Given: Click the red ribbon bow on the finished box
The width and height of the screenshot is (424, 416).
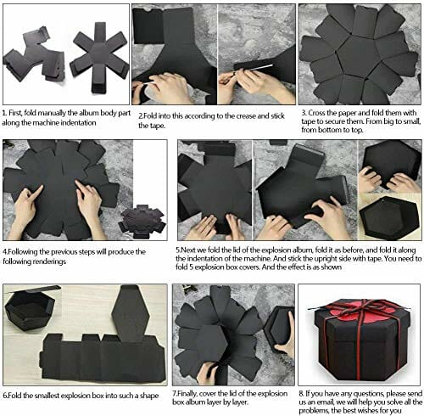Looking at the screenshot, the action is (360, 308).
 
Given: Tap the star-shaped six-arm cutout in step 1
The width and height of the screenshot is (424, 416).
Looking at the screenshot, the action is (99, 58).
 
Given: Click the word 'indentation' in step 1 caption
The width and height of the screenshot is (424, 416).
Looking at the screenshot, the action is (78, 123).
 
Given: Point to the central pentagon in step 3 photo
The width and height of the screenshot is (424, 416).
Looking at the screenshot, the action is (357, 56).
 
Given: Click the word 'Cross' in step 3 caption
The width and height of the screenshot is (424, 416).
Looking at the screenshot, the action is (316, 113).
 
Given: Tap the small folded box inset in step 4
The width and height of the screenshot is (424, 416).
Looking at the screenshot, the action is (142, 222).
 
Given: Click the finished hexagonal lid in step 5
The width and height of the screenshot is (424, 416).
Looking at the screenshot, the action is (389, 216).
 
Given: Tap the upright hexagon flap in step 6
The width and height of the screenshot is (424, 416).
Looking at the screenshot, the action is (131, 312).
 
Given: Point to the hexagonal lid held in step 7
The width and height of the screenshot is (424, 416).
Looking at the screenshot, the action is (277, 329).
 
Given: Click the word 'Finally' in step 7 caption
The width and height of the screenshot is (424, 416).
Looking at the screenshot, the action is (187, 394).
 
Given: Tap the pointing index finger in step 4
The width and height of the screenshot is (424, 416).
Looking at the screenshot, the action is (37, 193).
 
